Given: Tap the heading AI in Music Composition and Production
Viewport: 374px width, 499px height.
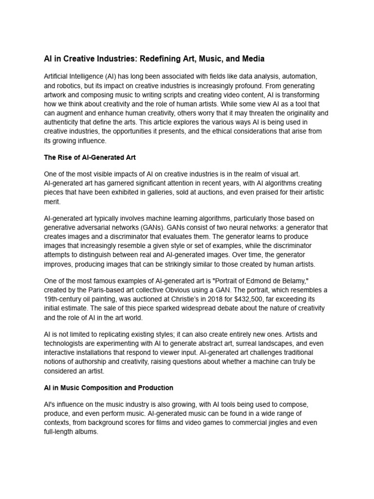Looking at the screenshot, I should tap(108, 388).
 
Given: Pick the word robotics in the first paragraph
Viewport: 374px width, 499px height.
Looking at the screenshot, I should tap(72, 86).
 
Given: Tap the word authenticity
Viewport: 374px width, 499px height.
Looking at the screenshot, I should tap(65, 122).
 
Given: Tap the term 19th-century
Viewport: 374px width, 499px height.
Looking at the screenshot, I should tap(63, 299).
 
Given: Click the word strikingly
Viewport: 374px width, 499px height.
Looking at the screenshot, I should tap(199, 264).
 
